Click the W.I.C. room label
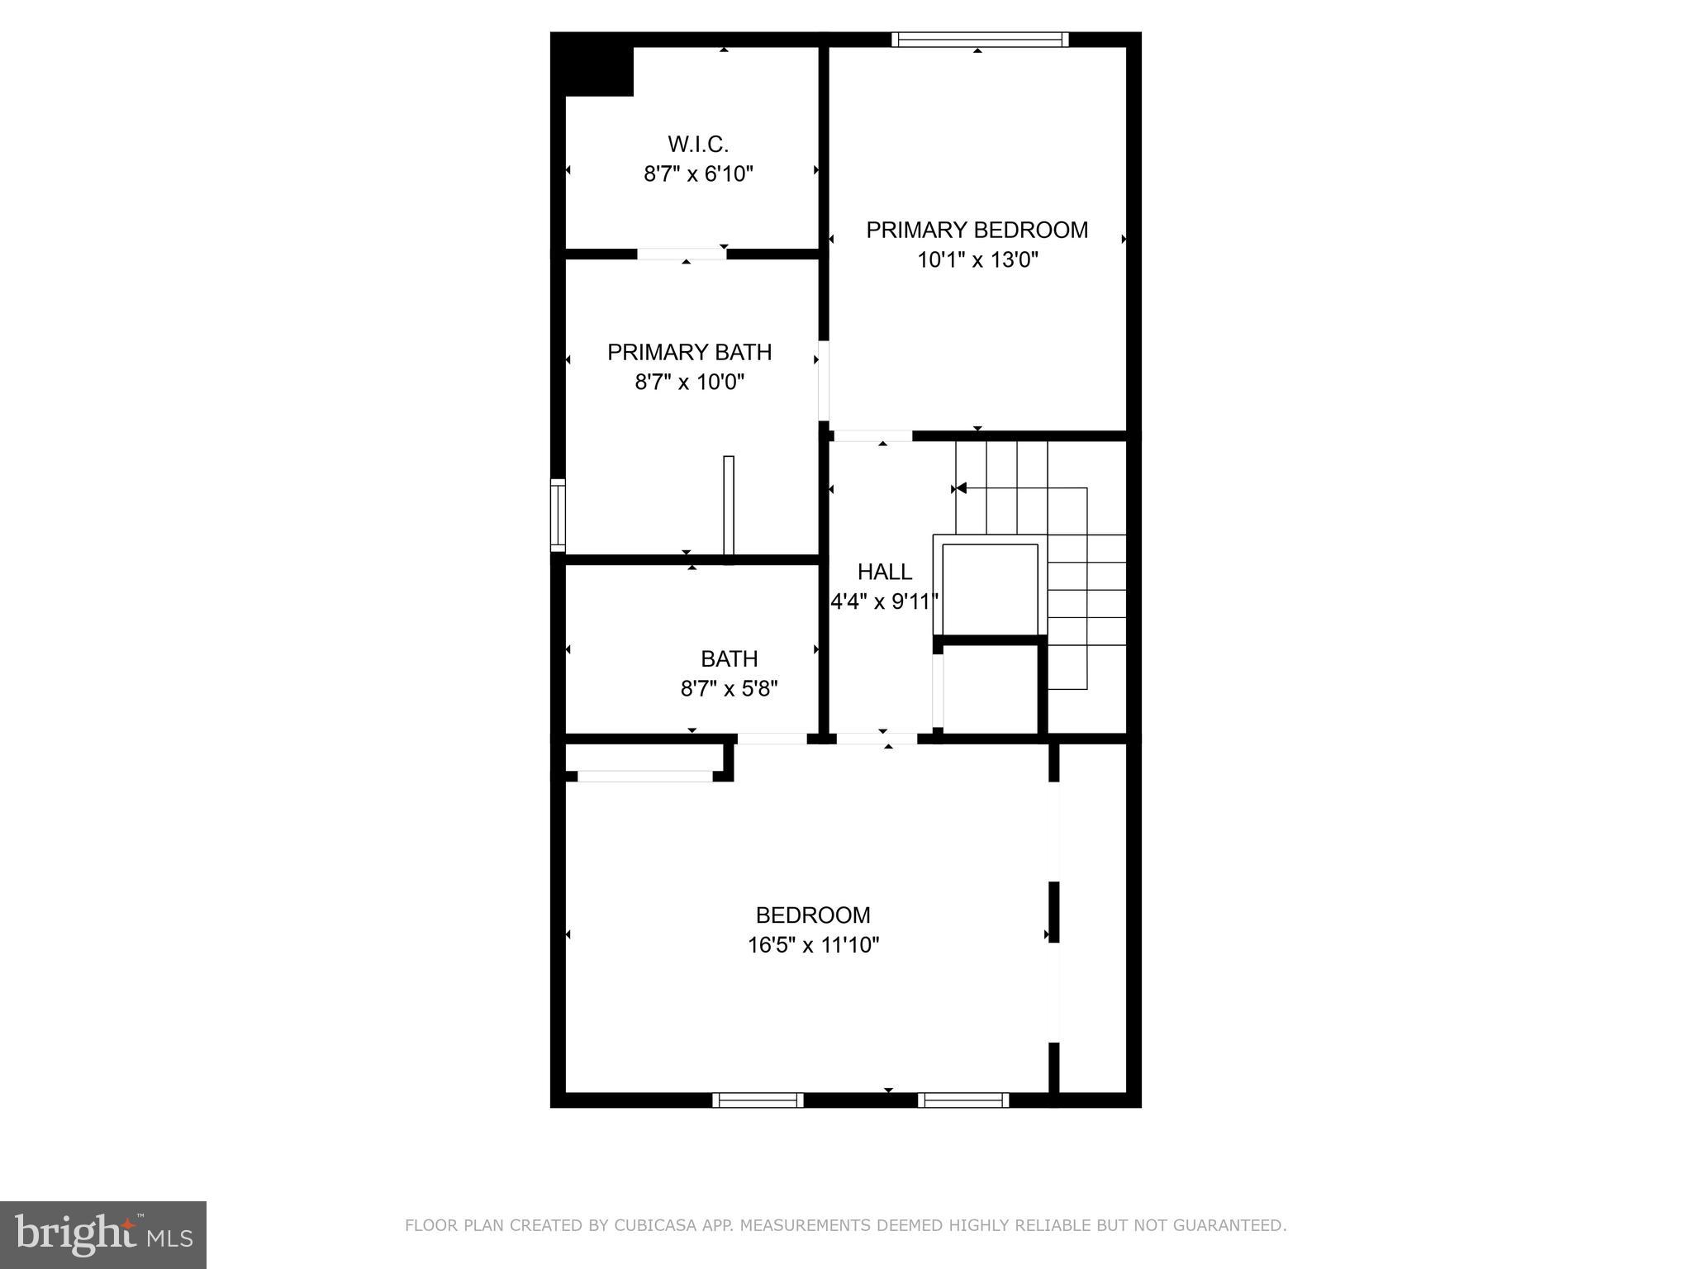[x=698, y=145]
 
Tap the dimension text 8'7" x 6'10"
[x=698, y=174]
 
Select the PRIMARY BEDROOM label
[x=977, y=230]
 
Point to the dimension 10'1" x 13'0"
[x=977, y=260]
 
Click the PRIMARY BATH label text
[x=689, y=352]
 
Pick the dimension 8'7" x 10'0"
[x=689, y=382]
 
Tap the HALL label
[x=884, y=572]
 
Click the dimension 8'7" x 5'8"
[x=729, y=688]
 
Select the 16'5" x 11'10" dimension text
[x=813, y=945]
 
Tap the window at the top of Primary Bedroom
[x=980, y=39]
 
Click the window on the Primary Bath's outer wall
[x=558, y=516]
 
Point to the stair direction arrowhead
[x=960, y=488]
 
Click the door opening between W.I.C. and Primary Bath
[x=682, y=254]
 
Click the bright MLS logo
[x=103, y=1235]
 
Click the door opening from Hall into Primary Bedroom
[x=872, y=435]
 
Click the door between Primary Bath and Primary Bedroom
[x=824, y=380]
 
